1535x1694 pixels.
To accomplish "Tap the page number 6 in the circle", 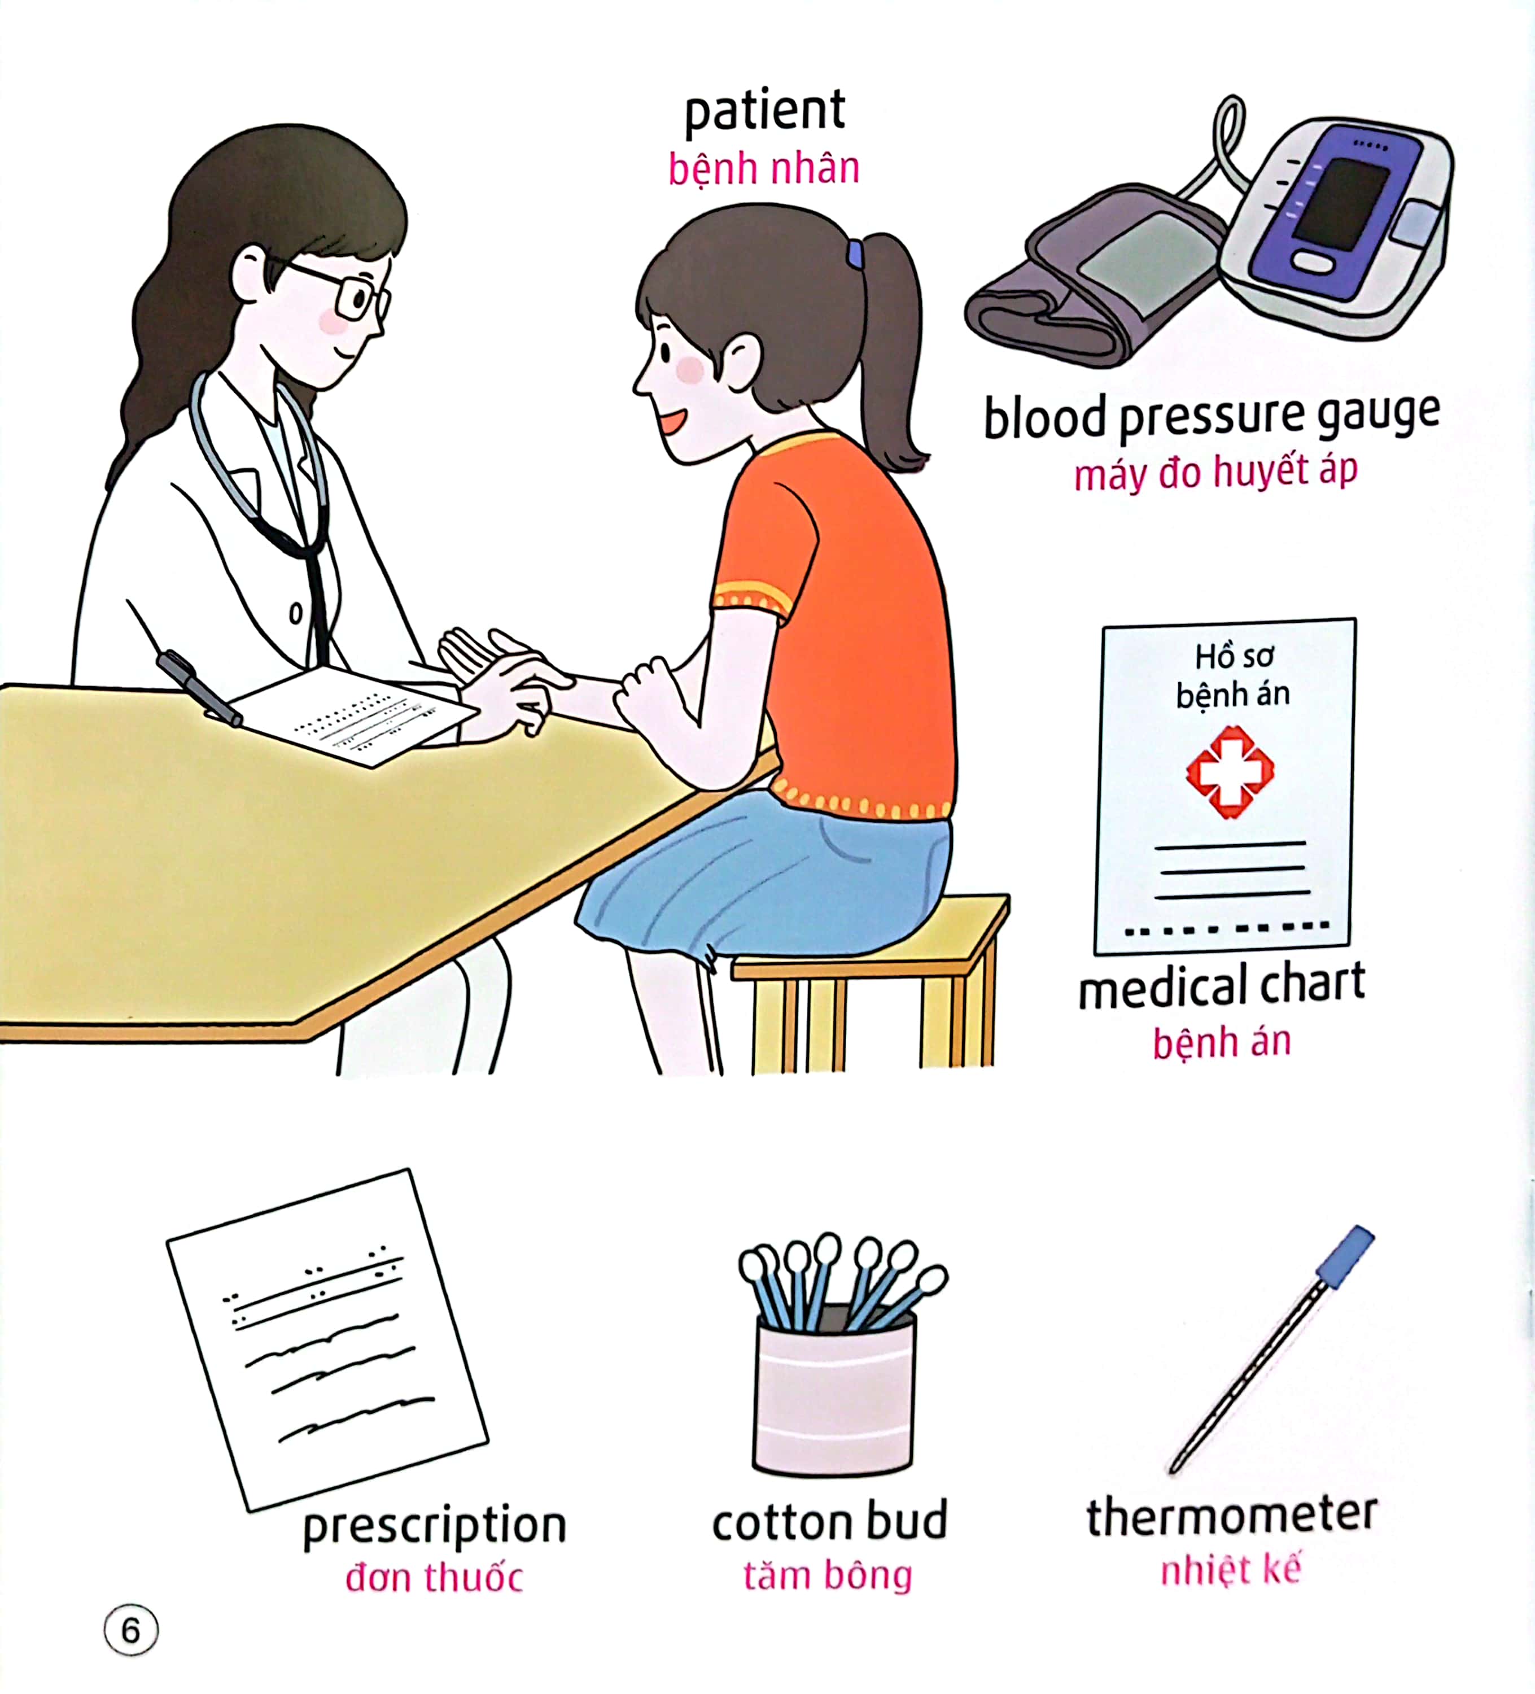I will click(131, 1630).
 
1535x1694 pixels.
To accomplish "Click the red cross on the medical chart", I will click(1229, 771).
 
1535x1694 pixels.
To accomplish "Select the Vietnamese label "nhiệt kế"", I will click(1230, 1570).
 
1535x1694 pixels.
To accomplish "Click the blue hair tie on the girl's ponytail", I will click(855, 254).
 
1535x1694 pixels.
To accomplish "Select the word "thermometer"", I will click(1231, 1514).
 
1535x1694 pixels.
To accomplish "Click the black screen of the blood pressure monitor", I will click(1341, 201).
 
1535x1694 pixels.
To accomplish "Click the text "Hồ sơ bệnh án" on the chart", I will click(1232, 675).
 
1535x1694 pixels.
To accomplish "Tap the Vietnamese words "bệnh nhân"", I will click(764, 169).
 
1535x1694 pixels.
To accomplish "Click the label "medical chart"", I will click(1222, 986).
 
